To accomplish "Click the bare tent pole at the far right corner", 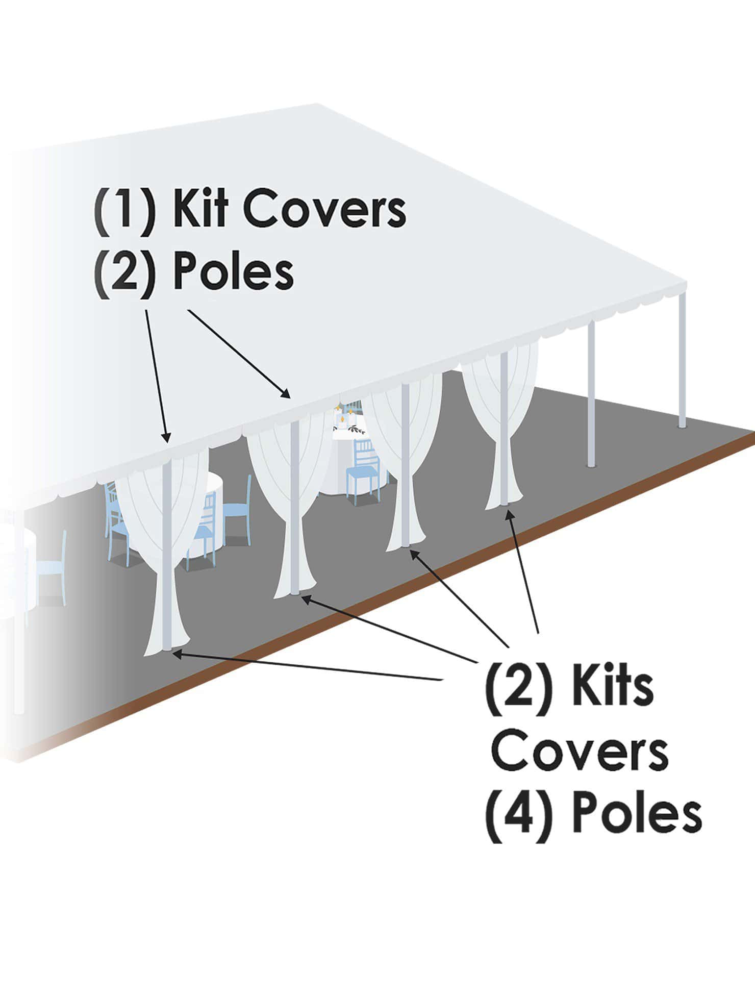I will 682,362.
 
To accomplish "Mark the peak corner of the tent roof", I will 316,105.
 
